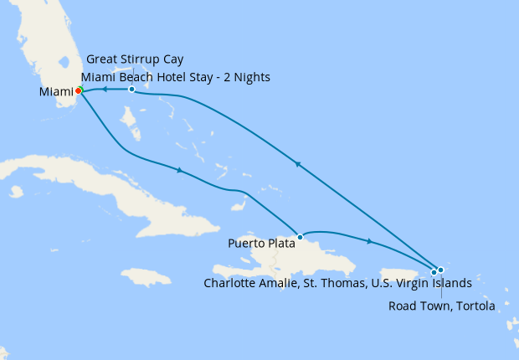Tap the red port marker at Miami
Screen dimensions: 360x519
79,90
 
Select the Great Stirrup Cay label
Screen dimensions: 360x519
135,59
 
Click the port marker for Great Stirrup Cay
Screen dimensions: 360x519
131,89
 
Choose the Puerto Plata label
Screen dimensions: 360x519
262,244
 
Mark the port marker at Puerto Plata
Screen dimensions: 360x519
300,237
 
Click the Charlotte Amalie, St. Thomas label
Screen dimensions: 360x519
337,283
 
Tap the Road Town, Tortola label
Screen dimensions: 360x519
441,305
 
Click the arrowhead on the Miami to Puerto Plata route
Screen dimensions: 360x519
178,171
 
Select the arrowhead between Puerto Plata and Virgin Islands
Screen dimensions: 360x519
369,243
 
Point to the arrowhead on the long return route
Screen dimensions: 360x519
296,165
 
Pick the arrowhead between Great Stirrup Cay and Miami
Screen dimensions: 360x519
105,89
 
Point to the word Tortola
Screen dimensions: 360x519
473,305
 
